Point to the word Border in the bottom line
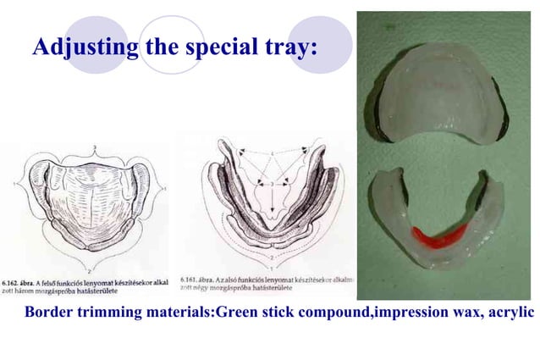(50, 313)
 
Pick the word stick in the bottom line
(277, 313)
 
